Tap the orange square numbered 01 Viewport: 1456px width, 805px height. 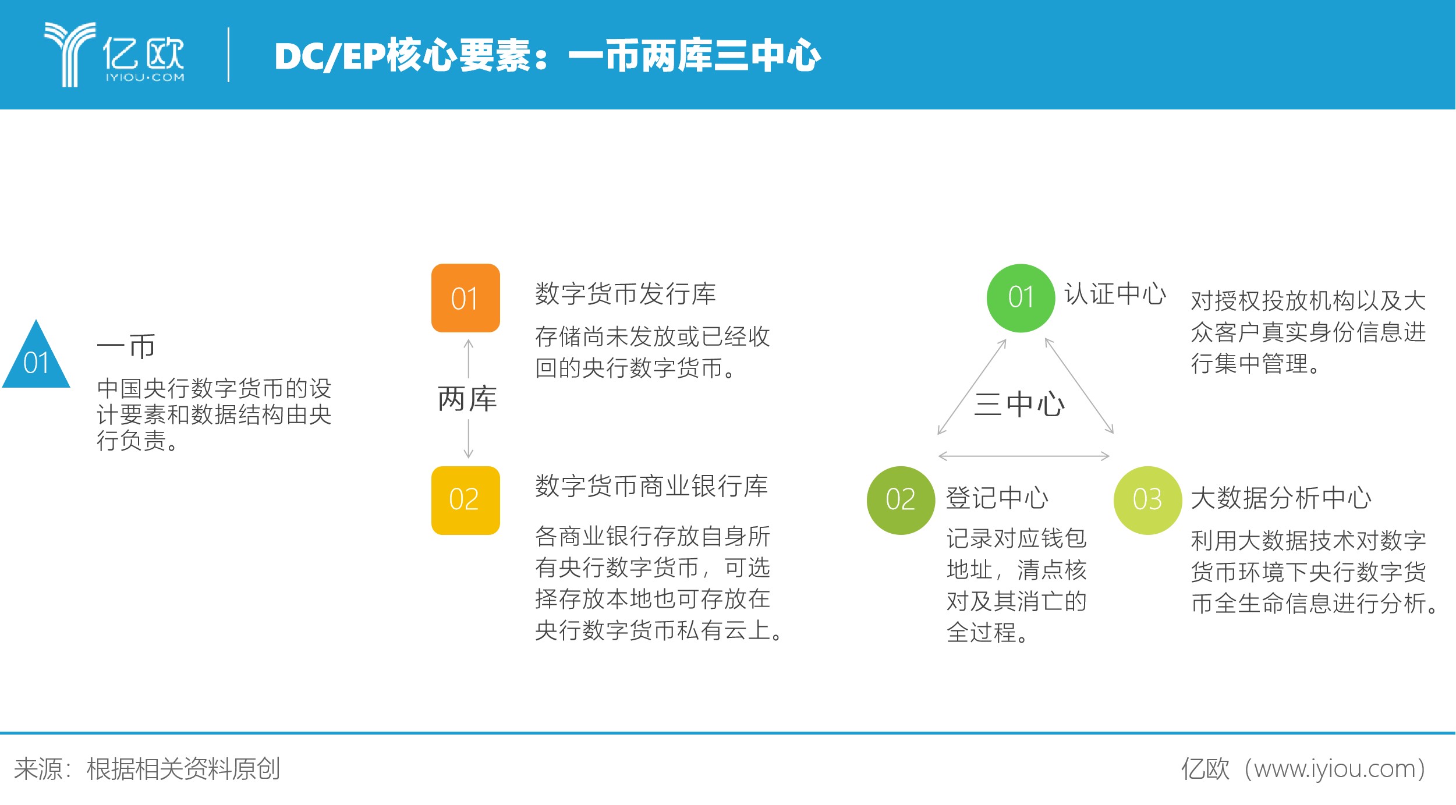(466, 298)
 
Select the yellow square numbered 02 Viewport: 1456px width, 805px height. (466, 501)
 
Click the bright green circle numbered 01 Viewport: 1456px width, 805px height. (1021, 298)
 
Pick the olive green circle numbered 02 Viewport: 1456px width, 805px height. (901, 501)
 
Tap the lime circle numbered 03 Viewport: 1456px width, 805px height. (1148, 501)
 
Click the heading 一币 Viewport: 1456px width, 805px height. (126, 346)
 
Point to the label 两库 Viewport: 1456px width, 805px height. (467, 399)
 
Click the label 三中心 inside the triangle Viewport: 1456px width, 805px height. (1020, 405)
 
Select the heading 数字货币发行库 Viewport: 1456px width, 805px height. (626, 294)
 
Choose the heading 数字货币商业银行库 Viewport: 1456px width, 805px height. (652, 486)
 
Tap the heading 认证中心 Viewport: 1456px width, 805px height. (1115, 294)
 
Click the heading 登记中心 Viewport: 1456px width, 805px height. (997, 498)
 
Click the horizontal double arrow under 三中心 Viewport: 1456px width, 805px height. (1024, 456)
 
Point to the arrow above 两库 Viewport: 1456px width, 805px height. (469, 359)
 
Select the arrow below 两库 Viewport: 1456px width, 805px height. (469, 439)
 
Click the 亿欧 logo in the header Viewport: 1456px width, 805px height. (114, 55)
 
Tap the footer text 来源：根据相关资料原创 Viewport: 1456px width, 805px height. (147, 769)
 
